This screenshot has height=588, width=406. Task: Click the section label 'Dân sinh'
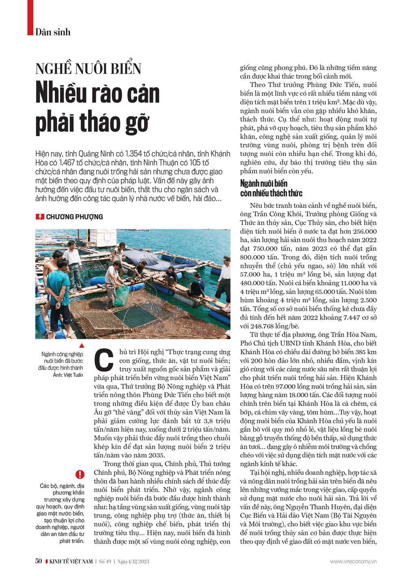(53, 32)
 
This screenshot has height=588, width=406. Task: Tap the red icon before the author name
(40, 217)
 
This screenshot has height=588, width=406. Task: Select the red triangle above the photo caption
(82, 345)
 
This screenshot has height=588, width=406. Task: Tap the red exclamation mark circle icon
(80, 474)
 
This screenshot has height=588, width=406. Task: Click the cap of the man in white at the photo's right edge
(226, 258)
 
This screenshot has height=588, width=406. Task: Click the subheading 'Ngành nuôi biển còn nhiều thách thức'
(271, 188)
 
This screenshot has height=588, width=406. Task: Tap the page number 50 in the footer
(39, 561)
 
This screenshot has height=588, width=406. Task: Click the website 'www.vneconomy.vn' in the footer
(353, 562)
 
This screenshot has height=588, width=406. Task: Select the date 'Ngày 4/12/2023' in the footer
(133, 562)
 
